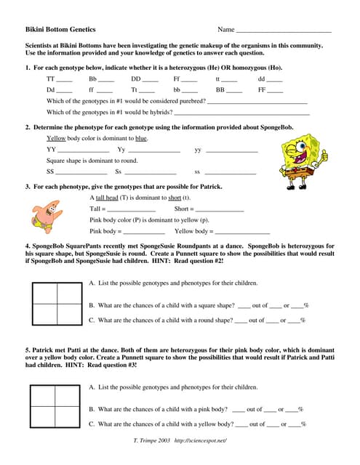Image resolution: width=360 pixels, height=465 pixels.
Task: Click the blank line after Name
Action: [283, 31]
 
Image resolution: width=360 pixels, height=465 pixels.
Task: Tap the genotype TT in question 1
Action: [50, 78]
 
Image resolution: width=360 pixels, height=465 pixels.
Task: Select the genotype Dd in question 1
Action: [50, 89]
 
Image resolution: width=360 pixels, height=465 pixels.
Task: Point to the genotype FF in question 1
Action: [263, 89]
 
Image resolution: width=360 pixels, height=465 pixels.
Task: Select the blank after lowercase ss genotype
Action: [230, 173]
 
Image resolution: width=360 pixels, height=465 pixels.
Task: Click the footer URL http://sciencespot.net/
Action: [199, 441]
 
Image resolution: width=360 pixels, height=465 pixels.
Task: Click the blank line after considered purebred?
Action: [257, 102]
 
